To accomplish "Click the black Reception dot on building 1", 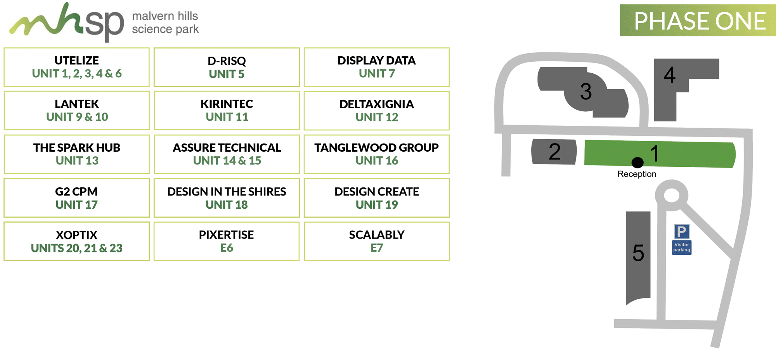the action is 637,162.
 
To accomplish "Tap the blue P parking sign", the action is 682,232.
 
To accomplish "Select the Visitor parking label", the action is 682,247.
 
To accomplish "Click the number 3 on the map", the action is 586,92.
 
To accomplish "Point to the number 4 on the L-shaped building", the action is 670,75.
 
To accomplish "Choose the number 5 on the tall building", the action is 638,253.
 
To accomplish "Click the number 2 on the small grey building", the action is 554,152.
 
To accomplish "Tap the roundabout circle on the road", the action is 672,195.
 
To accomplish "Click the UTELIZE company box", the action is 77,67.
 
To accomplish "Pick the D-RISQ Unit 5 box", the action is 227,67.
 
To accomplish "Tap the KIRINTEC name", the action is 227,104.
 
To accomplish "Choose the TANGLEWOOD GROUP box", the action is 377,154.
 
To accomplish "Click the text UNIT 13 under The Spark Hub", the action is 77,161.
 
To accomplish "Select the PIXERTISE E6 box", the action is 227,241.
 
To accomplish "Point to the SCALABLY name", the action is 377,235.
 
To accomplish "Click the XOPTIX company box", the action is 77,241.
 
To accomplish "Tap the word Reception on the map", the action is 637,174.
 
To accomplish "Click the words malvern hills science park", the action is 165,22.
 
